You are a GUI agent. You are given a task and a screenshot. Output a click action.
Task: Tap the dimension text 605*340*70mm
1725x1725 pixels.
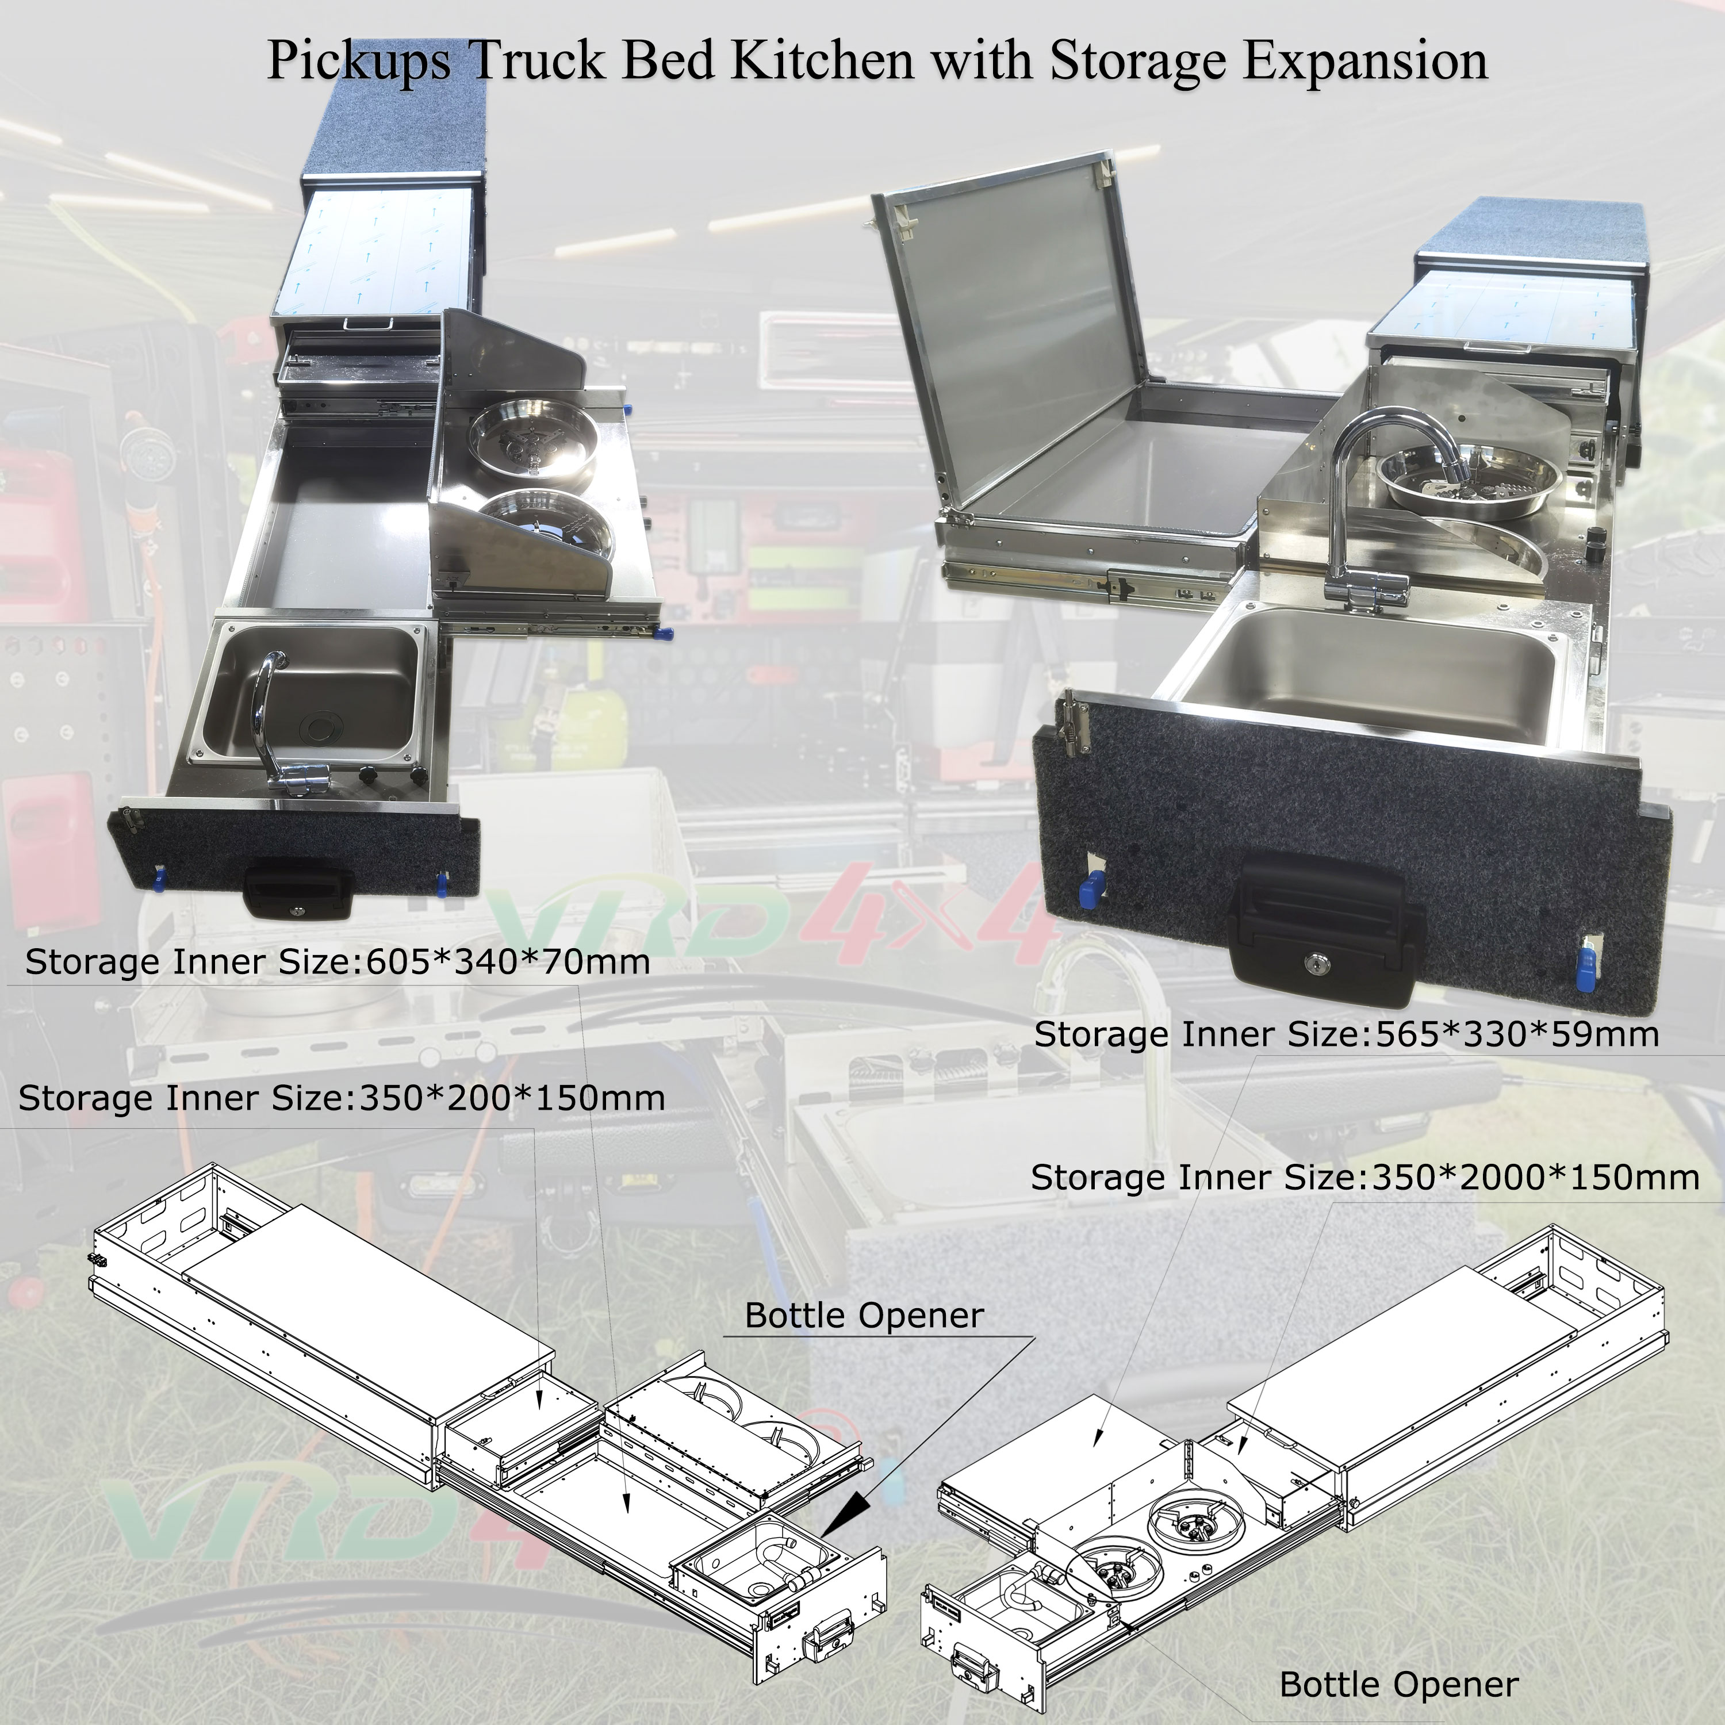(507, 961)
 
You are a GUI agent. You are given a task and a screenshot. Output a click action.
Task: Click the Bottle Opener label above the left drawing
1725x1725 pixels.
(864, 1315)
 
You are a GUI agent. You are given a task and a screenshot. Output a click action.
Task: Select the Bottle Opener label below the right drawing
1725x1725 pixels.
(1398, 1685)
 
